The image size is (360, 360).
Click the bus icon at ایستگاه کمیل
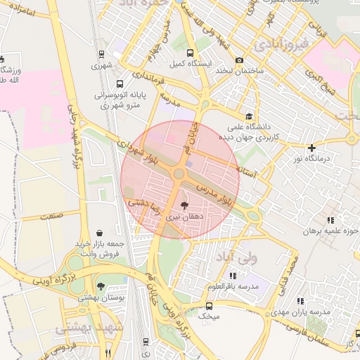point(189,53)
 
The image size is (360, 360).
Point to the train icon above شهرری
point(101,53)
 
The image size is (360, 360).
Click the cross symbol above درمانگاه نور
point(311,148)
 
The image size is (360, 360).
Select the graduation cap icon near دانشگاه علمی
point(248,117)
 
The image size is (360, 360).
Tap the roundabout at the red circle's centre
point(180,174)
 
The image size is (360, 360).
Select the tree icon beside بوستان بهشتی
point(101,286)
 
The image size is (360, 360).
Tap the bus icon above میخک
point(209,306)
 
